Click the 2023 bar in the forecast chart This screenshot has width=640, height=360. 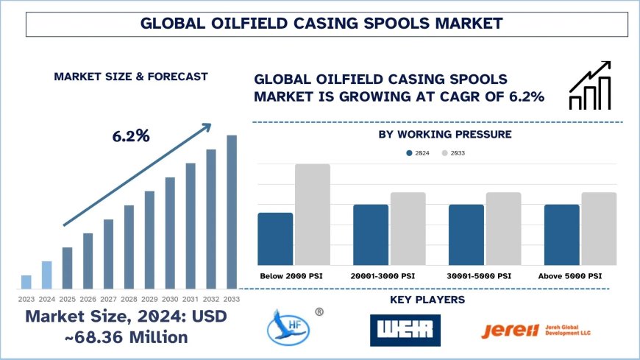tap(26, 282)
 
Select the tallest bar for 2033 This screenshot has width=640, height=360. tap(232, 212)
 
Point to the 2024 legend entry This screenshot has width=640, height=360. tap(419, 153)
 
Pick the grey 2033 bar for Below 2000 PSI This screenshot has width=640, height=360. tap(313, 214)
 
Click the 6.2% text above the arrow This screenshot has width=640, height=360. tap(131, 136)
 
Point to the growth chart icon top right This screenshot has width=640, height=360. tap(590, 86)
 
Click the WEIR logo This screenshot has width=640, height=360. tap(405, 331)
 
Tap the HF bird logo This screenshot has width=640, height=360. tap(288, 329)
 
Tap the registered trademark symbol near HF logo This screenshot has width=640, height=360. tap(319, 311)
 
